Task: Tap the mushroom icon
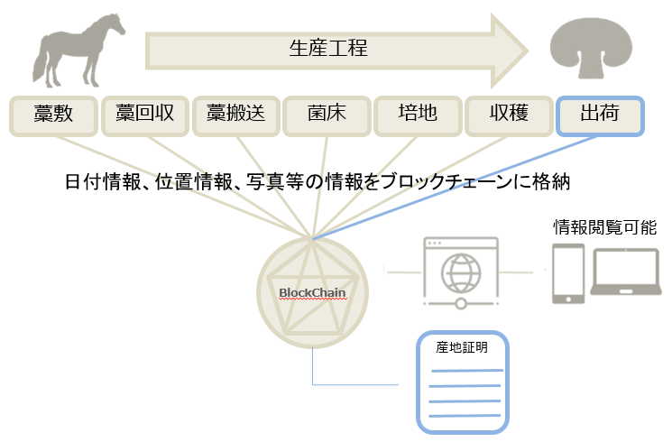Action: tap(594, 46)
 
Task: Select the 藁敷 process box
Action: tap(52, 115)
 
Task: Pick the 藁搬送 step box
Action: tap(235, 115)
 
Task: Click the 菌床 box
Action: tap(327, 115)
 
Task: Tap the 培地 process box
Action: tap(418, 115)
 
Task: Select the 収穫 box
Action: tap(508, 115)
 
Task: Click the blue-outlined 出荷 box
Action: tap(600, 115)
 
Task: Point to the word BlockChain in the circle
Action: tap(312, 292)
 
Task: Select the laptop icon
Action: tap(624, 274)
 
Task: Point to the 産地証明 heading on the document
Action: tap(462, 347)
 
